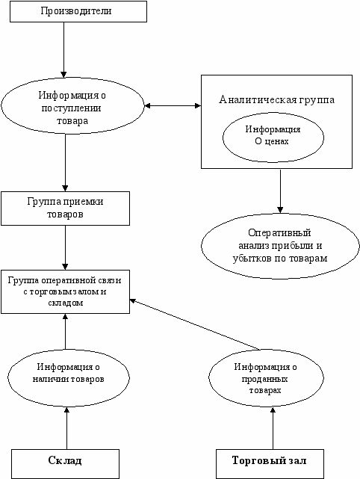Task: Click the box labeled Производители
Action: (x=78, y=11)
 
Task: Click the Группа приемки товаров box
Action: (x=65, y=208)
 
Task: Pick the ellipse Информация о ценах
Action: (x=273, y=138)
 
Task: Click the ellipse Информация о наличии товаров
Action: (x=69, y=377)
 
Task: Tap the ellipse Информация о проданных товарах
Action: (x=266, y=378)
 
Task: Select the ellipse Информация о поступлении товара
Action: (x=72, y=105)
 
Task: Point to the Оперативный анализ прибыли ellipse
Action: (x=280, y=246)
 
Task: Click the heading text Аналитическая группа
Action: (x=276, y=99)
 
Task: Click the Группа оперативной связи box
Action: (x=65, y=291)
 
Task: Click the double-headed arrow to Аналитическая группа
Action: (x=173, y=105)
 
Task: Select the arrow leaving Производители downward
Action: (x=63, y=50)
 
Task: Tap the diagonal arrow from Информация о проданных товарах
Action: (x=195, y=324)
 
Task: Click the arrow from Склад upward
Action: (x=66, y=428)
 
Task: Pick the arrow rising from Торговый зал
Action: (x=273, y=428)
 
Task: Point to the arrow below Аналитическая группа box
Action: (x=280, y=191)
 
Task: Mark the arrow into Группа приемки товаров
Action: (x=65, y=163)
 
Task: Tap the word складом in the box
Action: (x=66, y=303)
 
